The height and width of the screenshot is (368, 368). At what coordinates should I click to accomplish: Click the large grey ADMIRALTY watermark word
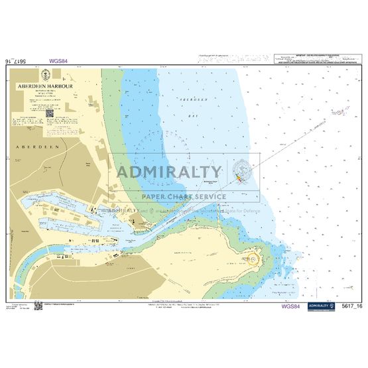pyautogui.click(x=168, y=172)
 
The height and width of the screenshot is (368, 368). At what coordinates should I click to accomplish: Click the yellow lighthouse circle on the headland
pyautogui.click(x=253, y=256)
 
